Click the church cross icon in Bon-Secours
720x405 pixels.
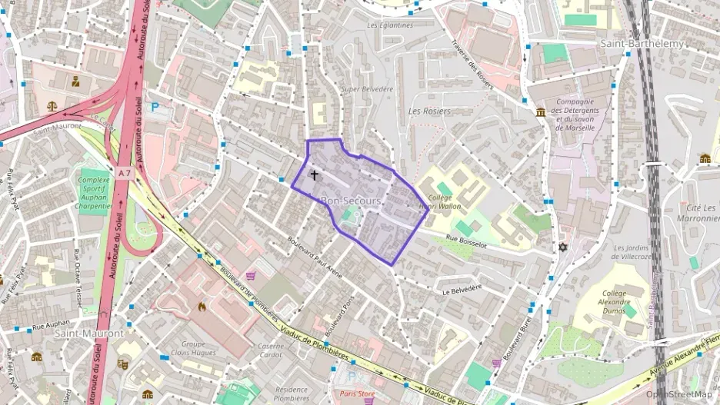[314, 175]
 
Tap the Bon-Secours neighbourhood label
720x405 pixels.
[351, 201]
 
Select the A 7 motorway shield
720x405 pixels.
[125, 174]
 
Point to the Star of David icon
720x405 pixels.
[562, 248]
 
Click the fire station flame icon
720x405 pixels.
[202, 306]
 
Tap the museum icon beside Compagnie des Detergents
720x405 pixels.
[541, 112]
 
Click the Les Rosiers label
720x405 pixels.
[429, 111]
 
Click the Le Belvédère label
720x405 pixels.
[462, 289]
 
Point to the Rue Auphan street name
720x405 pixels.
[52, 325]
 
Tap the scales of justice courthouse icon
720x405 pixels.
[52, 107]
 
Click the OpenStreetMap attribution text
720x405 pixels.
[678, 394]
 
